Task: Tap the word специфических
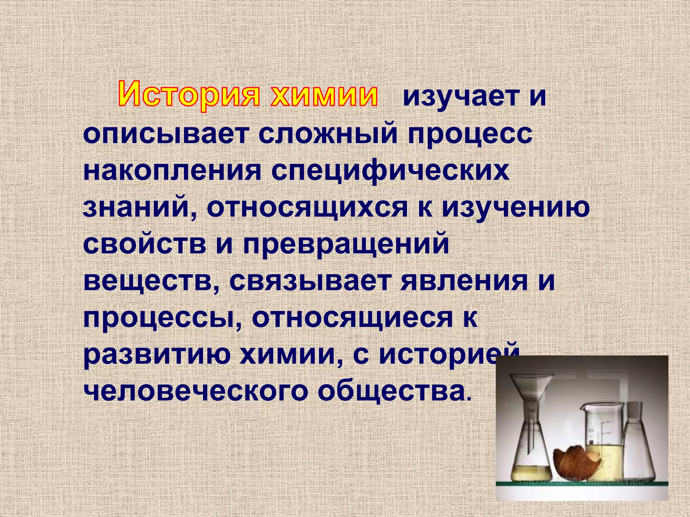(x=390, y=172)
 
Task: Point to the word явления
(x=464, y=281)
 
